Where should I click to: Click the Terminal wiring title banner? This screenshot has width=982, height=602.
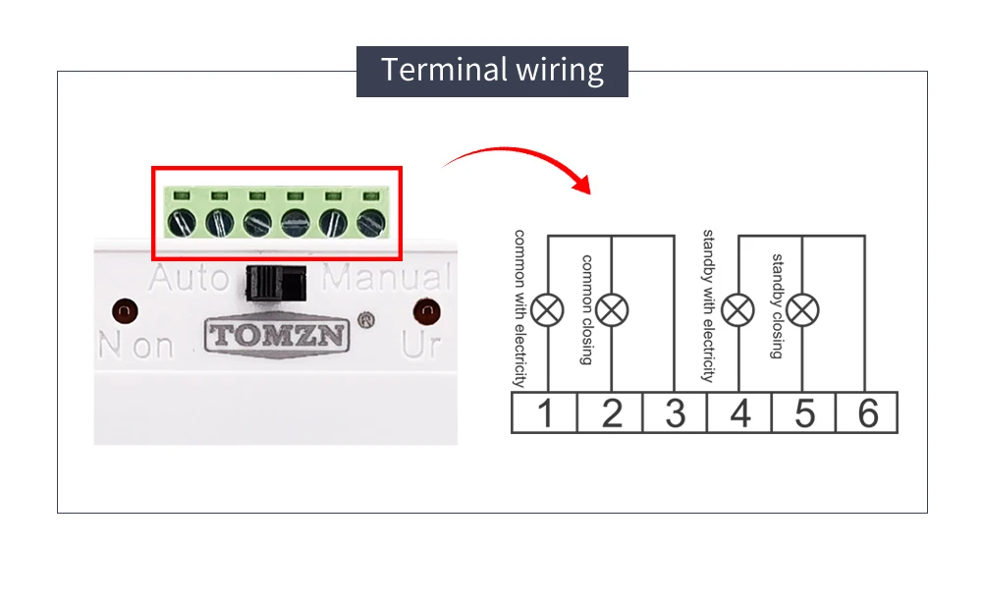(492, 71)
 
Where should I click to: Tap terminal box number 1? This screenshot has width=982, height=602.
(544, 413)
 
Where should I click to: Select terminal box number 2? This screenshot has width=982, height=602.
(611, 413)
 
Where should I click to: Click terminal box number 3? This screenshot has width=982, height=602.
(675, 413)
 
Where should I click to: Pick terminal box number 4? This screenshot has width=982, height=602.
(739, 413)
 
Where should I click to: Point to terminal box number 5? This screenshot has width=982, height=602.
(804, 413)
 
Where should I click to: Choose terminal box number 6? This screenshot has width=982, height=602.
(867, 413)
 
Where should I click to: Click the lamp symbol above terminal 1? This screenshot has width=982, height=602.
(548, 310)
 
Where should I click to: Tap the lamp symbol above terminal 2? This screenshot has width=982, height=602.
(612, 310)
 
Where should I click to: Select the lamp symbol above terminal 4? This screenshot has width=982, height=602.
(737, 310)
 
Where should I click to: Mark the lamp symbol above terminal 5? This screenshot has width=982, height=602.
(803, 310)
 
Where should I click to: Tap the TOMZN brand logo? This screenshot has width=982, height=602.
(277, 335)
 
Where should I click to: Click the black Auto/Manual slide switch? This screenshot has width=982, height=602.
(276, 284)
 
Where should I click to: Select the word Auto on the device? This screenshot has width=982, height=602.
(189, 278)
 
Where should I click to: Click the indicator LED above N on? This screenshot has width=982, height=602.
(124, 311)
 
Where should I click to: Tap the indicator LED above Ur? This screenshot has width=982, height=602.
(427, 311)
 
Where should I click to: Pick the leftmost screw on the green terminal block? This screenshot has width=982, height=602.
(182, 222)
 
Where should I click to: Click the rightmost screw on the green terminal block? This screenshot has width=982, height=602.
(371, 222)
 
